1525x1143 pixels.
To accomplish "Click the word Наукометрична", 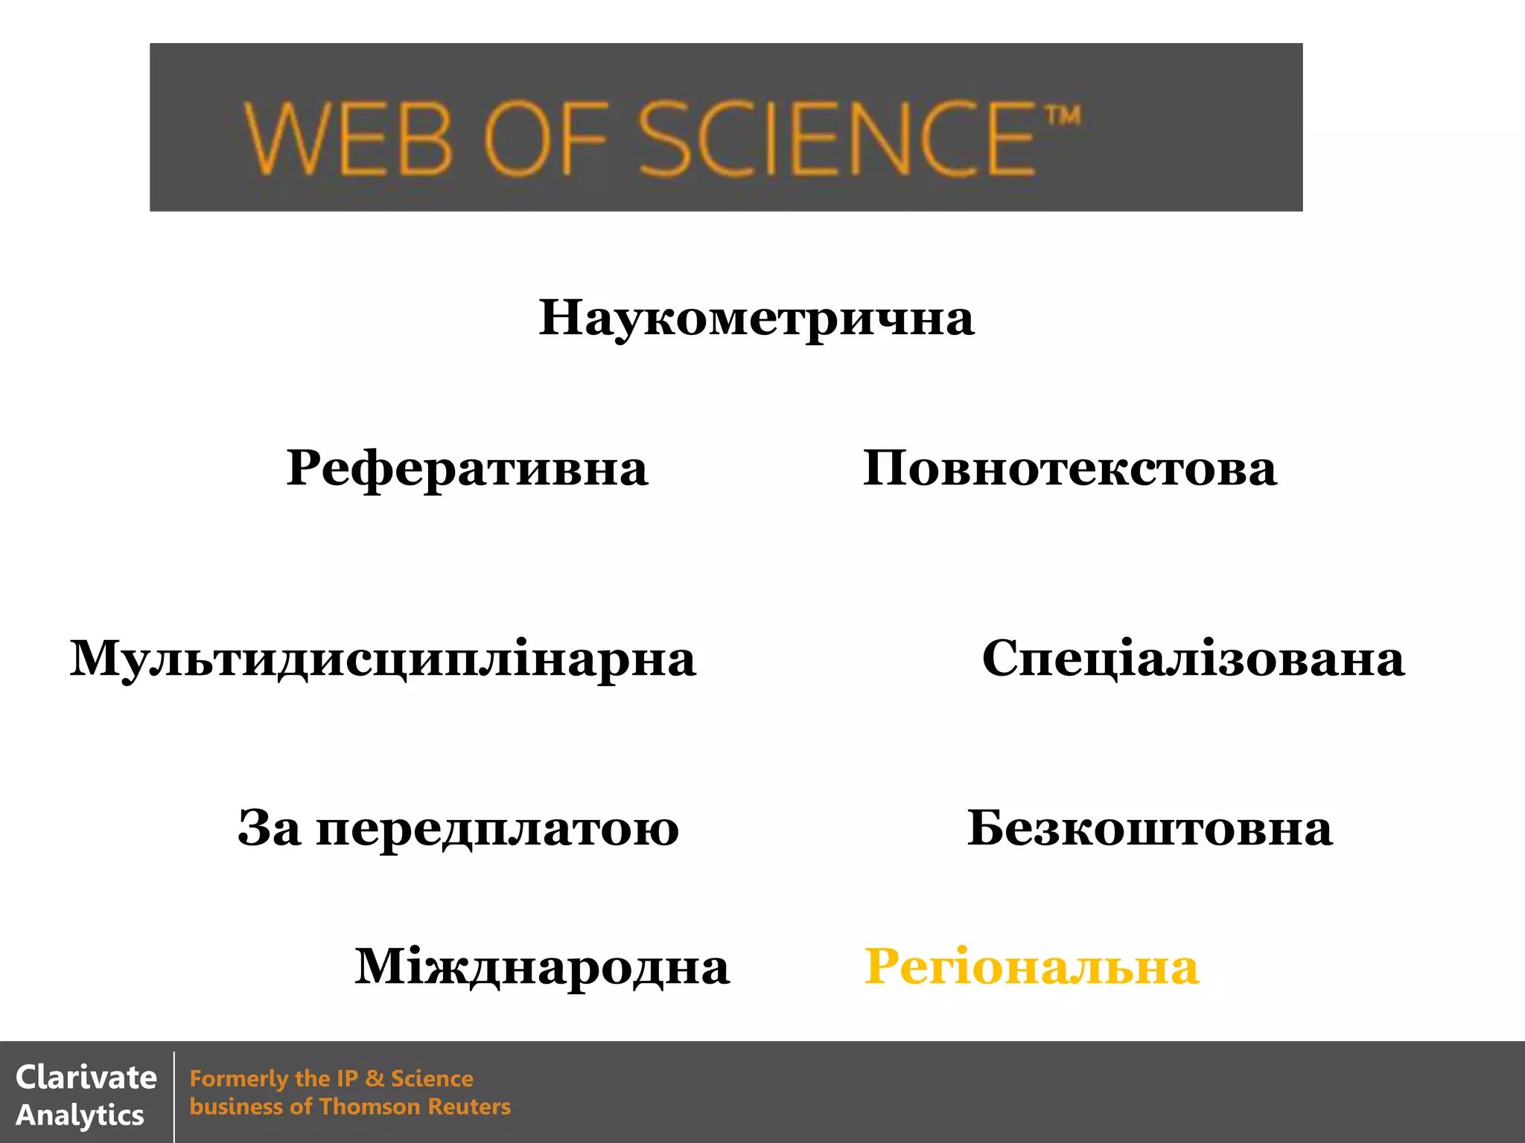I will [756, 318].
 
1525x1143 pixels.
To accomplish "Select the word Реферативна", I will [467, 469].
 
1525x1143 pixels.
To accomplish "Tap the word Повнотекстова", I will [1069, 469].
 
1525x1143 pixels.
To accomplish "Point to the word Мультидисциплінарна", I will [383, 659].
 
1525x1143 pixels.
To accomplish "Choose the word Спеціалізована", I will [1193, 659].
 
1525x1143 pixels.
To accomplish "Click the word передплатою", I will [497, 829].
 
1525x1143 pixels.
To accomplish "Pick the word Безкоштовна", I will [1150, 828].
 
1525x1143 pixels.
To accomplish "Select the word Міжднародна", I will [541, 967].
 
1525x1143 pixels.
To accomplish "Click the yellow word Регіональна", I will [1031, 967].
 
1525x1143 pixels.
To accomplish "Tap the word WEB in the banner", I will [348, 139].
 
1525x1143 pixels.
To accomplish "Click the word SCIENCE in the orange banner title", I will [836, 139].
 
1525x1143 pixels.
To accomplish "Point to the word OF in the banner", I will [546, 139].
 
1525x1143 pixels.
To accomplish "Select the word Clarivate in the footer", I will [86, 1078].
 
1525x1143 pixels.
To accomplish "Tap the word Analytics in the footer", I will [80, 1115].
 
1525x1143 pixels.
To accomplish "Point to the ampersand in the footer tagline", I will [375, 1078].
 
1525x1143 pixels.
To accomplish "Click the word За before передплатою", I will [270, 829].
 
